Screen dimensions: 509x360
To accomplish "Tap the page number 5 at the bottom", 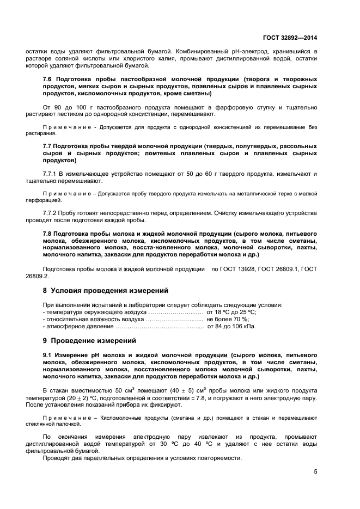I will tap(315, 471).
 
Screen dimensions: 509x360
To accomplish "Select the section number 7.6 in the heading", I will tap(48, 79).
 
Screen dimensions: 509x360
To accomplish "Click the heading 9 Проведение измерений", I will tap(89, 341).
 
